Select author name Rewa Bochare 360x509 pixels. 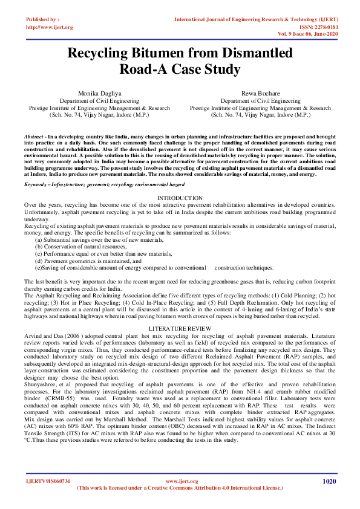coord(260,94)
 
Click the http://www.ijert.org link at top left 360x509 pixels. coord(50,27)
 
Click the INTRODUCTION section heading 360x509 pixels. coord(180,198)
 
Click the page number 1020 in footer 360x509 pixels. coord(329,481)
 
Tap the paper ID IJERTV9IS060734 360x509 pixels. coord(48,481)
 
